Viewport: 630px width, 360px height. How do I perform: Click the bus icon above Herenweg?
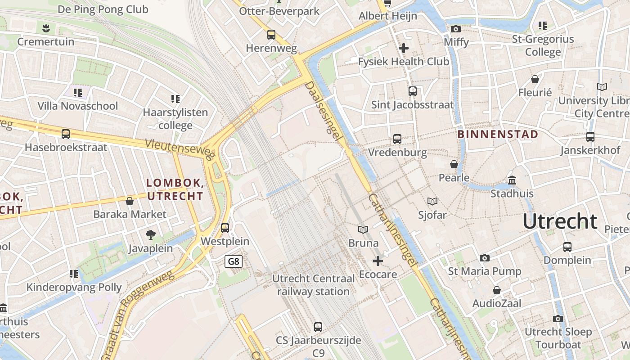pyautogui.click(x=271, y=35)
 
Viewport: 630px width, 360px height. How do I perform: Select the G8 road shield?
pyautogui.click(x=234, y=261)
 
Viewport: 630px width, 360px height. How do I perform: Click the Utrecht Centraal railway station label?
pyautogui.click(x=313, y=285)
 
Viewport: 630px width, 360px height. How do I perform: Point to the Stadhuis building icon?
pyautogui.click(x=512, y=180)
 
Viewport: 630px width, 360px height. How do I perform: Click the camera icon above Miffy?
pyautogui.click(x=456, y=29)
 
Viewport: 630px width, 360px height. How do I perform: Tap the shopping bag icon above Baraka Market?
pyautogui.click(x=130, y=201)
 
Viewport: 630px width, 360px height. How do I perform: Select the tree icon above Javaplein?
pyautogui.click(x=151, y=234)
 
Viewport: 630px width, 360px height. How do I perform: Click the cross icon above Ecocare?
pyautogui.click(x=378, y=261)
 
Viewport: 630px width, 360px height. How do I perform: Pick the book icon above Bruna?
pyautogui.click(x=363, y=229)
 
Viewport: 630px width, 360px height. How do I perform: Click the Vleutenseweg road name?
pyautogui.click(x=179, y=149)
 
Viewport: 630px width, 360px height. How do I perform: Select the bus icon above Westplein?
pyautogui.click(x=225, y=228)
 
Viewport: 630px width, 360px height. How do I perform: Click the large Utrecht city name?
pyautogui.click(x=560, y=222)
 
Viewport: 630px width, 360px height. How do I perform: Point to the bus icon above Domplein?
pyautogui.click(x=567, y=247)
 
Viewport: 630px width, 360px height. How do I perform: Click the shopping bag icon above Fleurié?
pyautogui.click(x=535, y=79)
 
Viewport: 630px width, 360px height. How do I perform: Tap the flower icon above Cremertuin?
pyautogui.click(x=45, y=29)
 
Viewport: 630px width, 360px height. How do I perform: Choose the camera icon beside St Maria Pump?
pyautogui.click(x=484, y=258)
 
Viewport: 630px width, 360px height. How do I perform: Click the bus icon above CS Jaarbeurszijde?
pyautogui.click(x=318, y=327)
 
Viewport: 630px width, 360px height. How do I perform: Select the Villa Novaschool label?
pyautogui.click(x=78, y=106)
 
